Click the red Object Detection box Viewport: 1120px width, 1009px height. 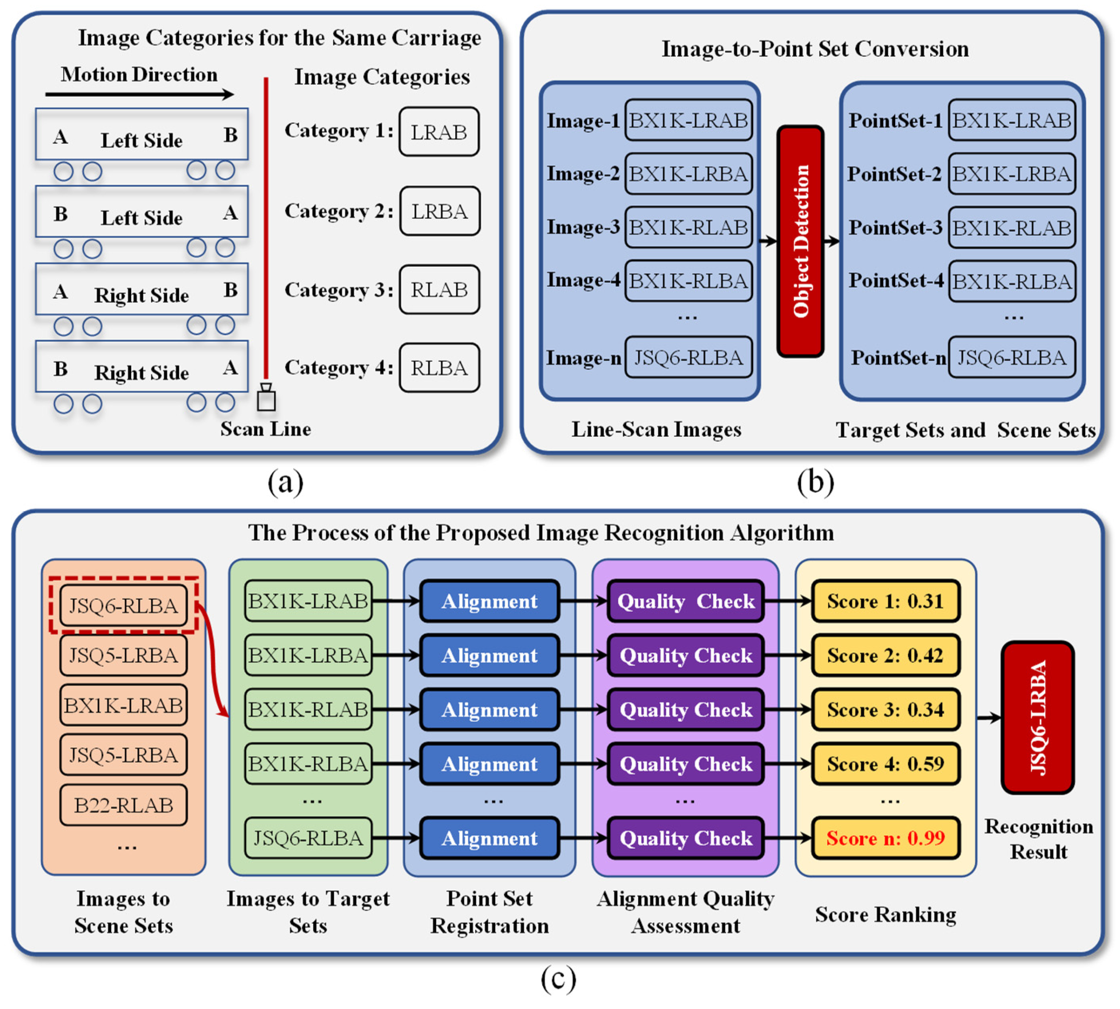[800, 241]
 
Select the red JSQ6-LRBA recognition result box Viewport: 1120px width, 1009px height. [1037, 717]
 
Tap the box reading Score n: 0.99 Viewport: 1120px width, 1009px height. [885, 837]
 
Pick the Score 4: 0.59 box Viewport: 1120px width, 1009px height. [885, 763]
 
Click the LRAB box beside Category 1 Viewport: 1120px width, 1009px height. [439, 132]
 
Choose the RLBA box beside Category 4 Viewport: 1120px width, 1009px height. [439, 368]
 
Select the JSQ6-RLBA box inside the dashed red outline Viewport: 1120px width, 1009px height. [123, 605]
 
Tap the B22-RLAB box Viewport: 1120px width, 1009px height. [123, 805]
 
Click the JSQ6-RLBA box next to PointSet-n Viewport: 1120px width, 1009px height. [1011, 358]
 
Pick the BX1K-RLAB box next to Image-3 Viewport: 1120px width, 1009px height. [688, 227]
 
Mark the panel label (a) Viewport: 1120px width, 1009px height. [285, 482]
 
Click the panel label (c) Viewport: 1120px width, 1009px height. [558, 978]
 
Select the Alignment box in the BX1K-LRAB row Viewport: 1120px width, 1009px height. [489, 601]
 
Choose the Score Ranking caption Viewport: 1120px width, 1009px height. [885, 914]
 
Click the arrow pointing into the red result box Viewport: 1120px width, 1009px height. [988, 718]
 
